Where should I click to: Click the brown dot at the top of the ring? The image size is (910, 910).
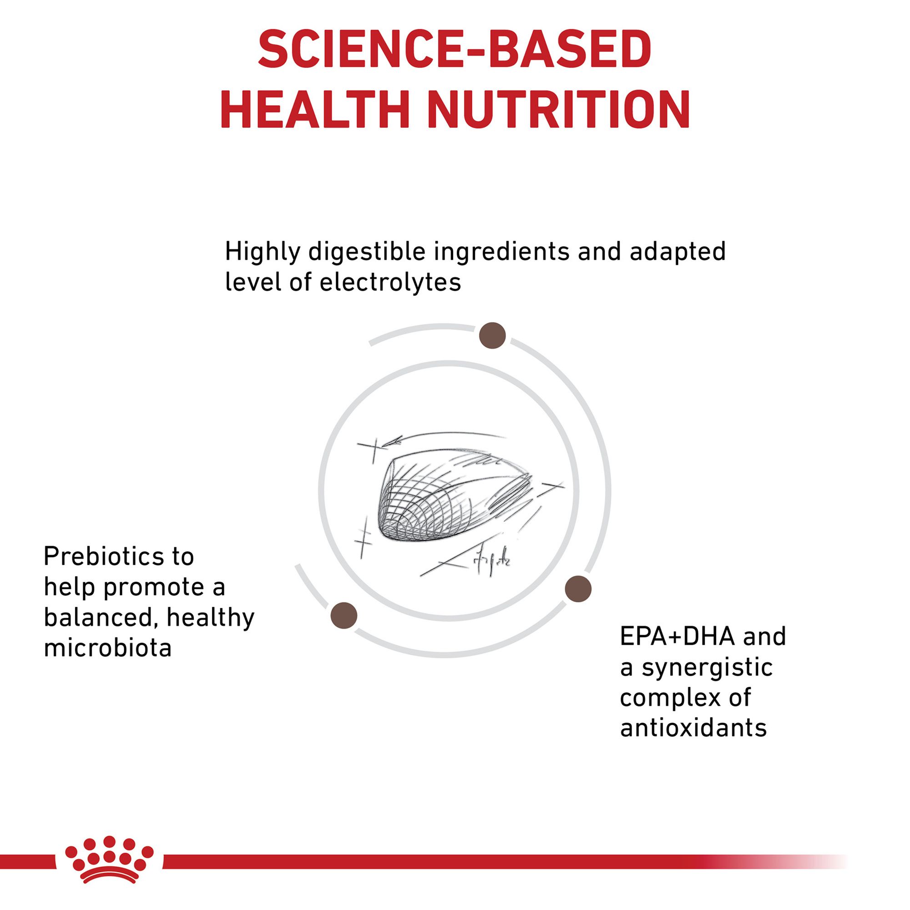coord(492,336)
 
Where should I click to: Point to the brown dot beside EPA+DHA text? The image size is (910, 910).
coord(578,589)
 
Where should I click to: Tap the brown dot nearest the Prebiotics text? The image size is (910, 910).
coord(344,616)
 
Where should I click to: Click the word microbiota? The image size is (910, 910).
coord(108,648)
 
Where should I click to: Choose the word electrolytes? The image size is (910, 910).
coord(390,282)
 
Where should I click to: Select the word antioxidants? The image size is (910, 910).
coord(693,728)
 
